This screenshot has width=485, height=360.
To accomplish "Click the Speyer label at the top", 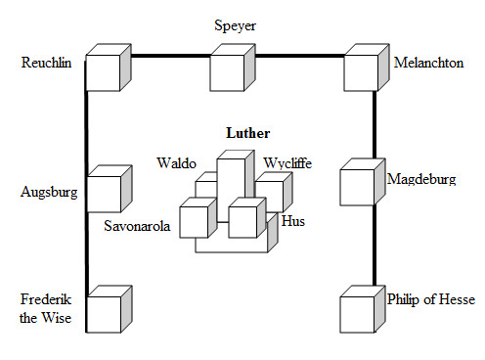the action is (x=235, y=26).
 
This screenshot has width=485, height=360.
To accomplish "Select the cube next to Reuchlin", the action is (x=109, y=67).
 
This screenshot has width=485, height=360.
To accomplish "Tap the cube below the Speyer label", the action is (x=233, y=67).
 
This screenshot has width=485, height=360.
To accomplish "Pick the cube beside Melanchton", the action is (x=367, y=67).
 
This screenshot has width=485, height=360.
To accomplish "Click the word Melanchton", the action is (x=428, y=63).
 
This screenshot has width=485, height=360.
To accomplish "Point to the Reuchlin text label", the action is (x=46, y=63).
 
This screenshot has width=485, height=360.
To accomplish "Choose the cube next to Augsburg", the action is (x=110, y=189).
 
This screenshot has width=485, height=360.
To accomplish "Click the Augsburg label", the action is (x=49, y=192).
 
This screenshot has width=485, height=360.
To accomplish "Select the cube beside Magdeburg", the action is (x=363, y=182).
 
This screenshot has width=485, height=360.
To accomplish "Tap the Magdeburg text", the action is (x=421, y=179).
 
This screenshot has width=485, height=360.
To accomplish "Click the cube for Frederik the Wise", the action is (x=110, y=309).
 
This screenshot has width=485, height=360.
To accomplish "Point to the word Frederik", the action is (x=46, y=299).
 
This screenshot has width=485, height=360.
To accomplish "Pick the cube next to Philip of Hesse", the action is (x=363, y=309).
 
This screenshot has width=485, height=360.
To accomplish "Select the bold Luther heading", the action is (x=248, y=133).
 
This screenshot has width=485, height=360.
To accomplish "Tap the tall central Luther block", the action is (x=236, y=187).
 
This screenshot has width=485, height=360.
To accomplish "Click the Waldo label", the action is (x=176, y=163).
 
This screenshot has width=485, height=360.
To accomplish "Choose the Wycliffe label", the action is (x=287, y=163).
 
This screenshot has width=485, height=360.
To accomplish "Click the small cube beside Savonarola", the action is (x=198, y=218).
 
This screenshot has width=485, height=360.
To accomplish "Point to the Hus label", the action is (x=293, y=221).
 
